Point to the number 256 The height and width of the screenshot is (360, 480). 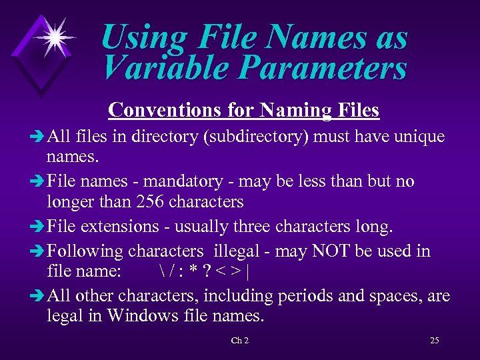152,201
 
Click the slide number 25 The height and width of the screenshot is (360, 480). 435,341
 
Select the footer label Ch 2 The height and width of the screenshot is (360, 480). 240,341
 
